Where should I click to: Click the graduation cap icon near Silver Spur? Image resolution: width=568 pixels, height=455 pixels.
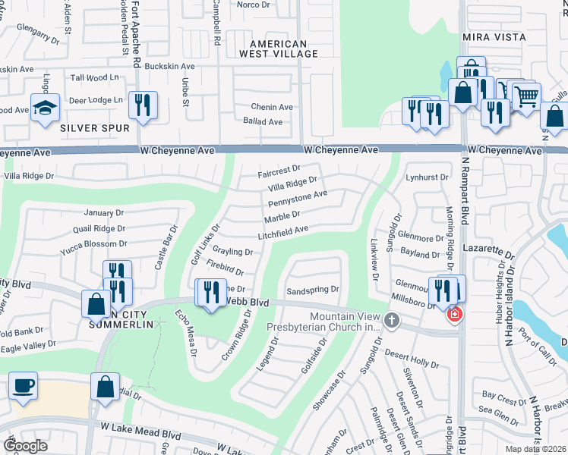[46, 107]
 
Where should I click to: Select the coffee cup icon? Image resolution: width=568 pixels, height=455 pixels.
[22, 384]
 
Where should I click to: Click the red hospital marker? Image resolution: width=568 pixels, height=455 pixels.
[455, 315]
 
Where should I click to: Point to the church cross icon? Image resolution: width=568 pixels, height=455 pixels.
[392, 320]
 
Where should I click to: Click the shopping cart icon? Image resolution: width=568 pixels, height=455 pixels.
[525, 96]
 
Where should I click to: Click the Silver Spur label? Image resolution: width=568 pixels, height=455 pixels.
[95, 128]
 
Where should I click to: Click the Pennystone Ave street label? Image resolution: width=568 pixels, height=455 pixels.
[296, 199]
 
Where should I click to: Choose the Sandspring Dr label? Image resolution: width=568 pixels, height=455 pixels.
[311, 290]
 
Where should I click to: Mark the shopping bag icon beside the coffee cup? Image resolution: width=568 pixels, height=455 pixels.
[104, 387]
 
